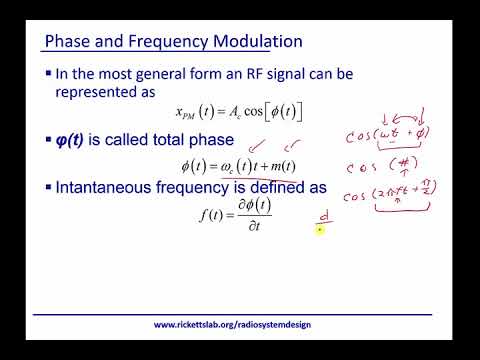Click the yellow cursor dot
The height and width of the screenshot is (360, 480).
coord(319,229)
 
